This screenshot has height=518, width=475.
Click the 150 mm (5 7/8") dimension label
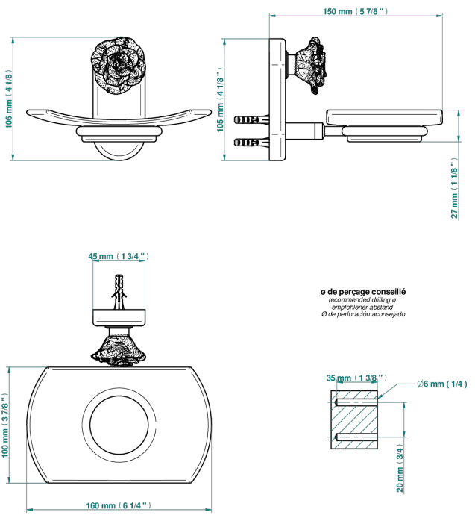[355, 11]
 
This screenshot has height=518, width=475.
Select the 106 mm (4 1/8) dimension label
[9, 99]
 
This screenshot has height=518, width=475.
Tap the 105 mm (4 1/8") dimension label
[220, 100]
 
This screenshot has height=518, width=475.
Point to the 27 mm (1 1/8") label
[455, 188]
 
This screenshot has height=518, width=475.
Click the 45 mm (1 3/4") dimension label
[119, 256]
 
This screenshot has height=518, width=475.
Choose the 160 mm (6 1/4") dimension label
[119, 505]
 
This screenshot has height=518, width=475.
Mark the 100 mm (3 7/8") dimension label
[4, 425]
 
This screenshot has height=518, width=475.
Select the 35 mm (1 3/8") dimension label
[356, 378]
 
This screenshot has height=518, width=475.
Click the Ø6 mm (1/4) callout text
[441, 384]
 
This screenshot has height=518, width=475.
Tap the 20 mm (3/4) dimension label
[400, 467]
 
